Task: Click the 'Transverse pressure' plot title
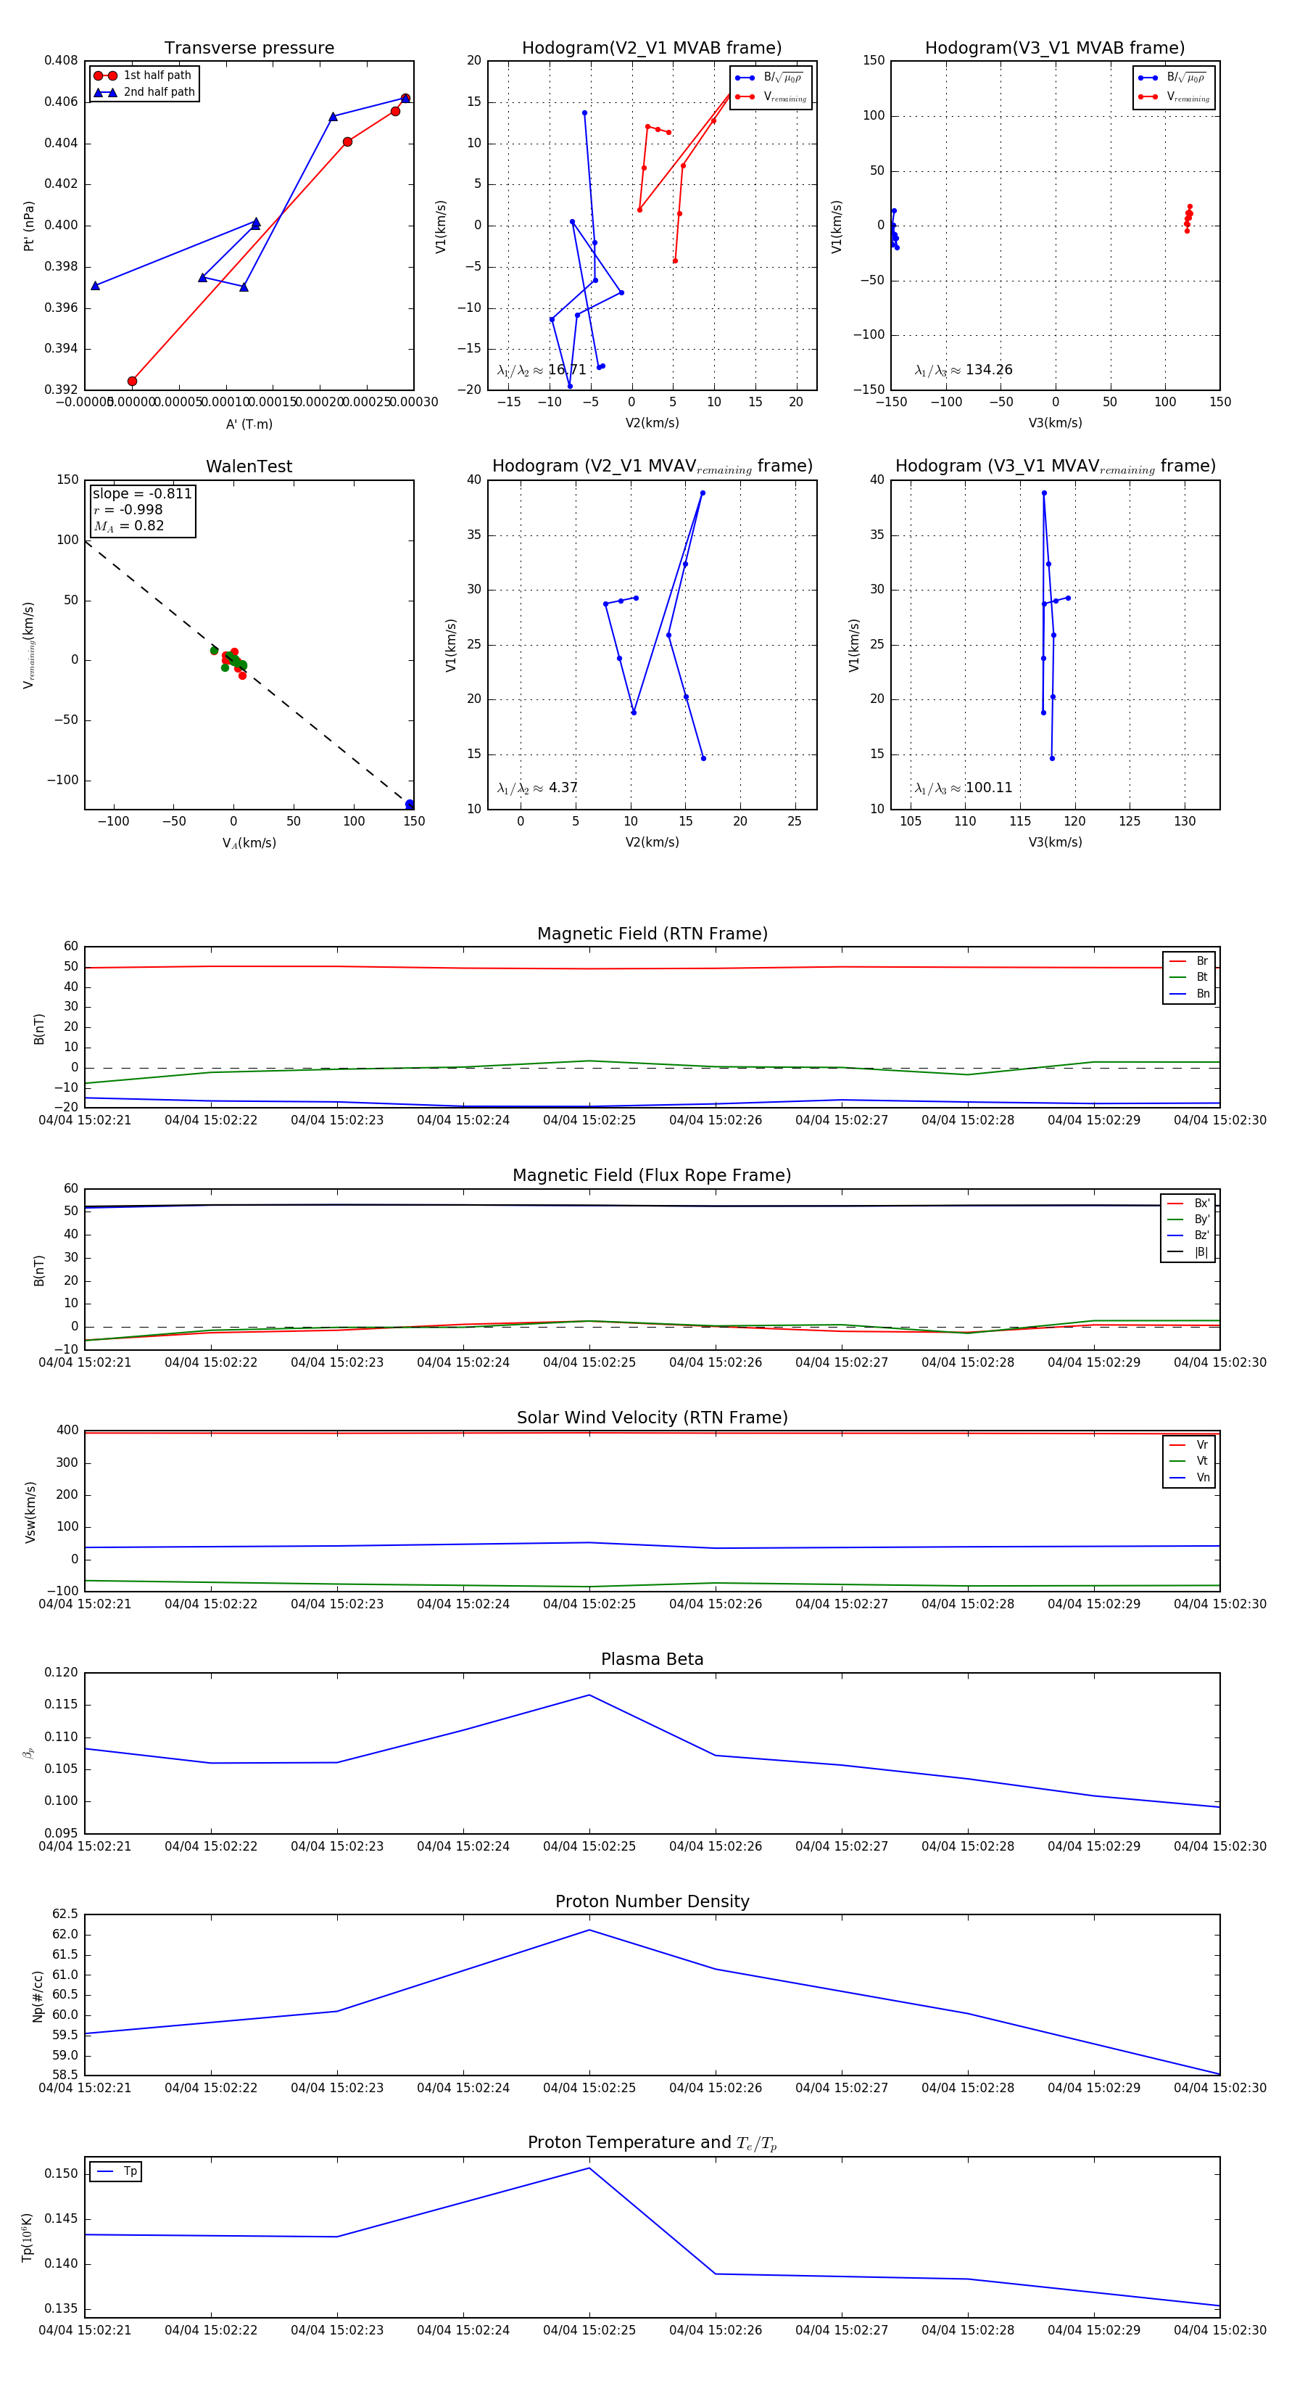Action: point(249,49)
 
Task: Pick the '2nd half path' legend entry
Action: point(159,92)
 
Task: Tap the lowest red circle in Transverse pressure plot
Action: point(132,381)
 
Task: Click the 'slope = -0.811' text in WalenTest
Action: point(142,493)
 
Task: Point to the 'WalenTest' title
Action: point(249,466)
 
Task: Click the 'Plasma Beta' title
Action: point(652,1659)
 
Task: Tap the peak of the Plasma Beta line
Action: point(589,1695)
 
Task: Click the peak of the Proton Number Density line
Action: point(589,1930)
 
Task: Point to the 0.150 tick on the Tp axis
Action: point(62,2173)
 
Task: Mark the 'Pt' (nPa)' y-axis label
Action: point(29,226)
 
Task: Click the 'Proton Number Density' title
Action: point(652,1901)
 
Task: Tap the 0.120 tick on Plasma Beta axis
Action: point(62,1672)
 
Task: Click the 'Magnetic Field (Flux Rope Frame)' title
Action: point(652,1176)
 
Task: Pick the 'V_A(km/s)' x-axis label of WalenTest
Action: point(249,843)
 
